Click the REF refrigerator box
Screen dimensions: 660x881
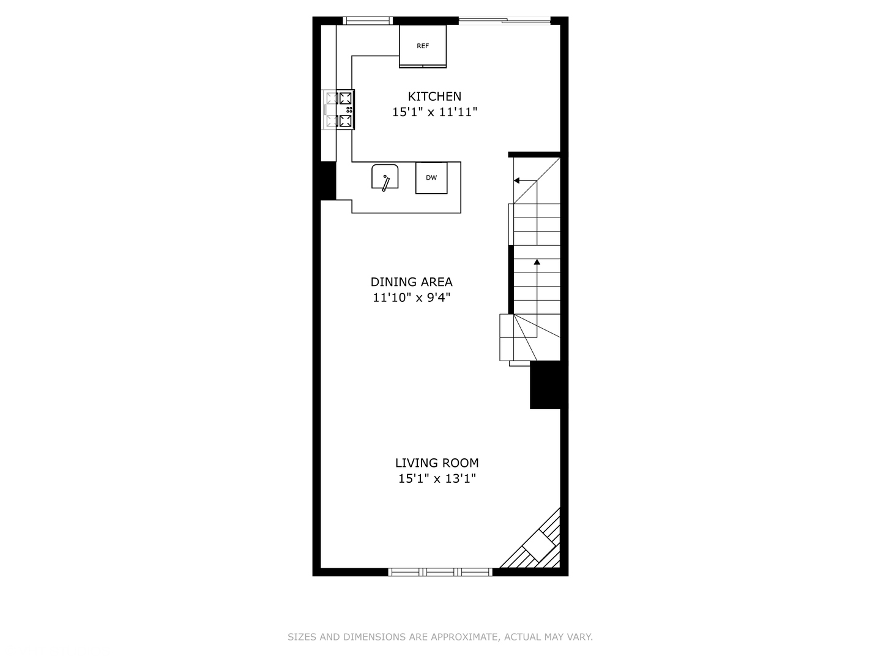[x=423, y=45]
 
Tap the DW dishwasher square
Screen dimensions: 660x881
[x=431, y=178]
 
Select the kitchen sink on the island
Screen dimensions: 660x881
[x=385, y=177]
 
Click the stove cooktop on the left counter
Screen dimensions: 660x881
[x=340, y=109]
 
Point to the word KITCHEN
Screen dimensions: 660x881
[x=434, y=96]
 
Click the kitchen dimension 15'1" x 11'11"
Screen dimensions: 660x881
[x=434, y=112]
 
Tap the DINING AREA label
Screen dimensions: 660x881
[x=411, y=282]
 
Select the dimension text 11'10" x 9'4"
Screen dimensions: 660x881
[x=411, y=298]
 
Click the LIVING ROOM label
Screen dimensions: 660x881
[x=437, y=463]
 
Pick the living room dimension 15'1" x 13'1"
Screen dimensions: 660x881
[x=437, y=479]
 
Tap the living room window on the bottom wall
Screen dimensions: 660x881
[x=441, y=572]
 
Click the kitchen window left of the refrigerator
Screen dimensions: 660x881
[x=368, y=21]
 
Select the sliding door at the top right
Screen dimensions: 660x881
[x=505, y=21]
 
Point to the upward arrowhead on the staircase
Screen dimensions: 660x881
[x=537, y=262]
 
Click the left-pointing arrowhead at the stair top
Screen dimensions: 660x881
[x=517, y=181]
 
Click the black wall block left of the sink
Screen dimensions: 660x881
[x=328, y=180]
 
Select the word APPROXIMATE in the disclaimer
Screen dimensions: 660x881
[x=459, y=637]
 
